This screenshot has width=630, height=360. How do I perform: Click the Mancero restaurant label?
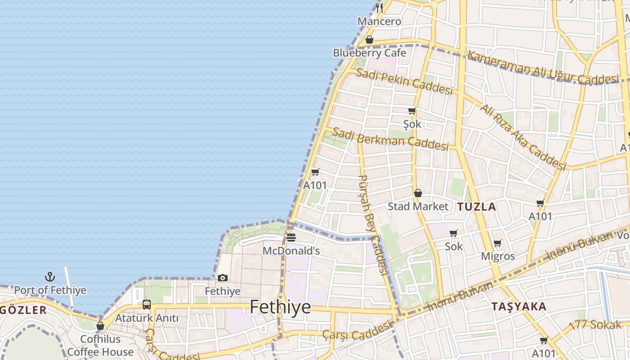pos(379,21)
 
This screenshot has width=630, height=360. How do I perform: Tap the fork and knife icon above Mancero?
pos(379,8)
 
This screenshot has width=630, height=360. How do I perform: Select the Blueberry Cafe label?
pos(369,53)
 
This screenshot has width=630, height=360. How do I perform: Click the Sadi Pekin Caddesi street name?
pos(404,81)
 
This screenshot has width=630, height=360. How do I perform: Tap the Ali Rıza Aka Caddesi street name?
pos(522,137)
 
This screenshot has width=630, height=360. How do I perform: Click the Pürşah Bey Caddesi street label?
pos(373,225)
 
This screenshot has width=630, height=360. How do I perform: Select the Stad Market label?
pos(418,207)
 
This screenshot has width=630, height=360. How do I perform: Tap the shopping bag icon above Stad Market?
pos(418,193)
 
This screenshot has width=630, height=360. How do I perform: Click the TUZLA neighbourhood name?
pos(477,207)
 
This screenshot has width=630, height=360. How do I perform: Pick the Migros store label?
pos(498,256)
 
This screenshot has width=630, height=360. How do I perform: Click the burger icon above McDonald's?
pos(291,237)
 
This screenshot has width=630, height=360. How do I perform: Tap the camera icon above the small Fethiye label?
pos(222,278)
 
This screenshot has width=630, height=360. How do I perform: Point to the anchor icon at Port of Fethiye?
pos(50,276)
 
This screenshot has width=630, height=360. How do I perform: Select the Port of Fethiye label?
pos(50,290)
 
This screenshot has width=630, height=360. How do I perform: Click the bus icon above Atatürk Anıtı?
pos(147,304)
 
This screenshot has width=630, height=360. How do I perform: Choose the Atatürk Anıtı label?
pos(147,318)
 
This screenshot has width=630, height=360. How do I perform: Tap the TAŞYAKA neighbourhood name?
pos(519,307)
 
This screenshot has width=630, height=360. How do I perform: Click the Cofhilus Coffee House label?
pos(100,345)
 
